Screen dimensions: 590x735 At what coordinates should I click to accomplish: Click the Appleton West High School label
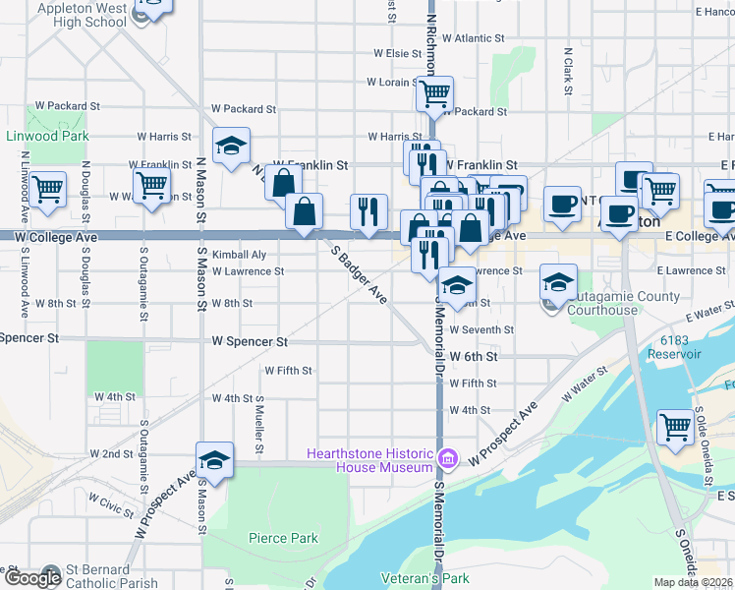click(x=83, y=14)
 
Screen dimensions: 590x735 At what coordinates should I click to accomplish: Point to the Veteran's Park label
click(x=424, y=579)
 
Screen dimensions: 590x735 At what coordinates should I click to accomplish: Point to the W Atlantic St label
click(x=473, y=38)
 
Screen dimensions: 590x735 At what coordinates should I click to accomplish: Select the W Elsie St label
click(x=397, y=53)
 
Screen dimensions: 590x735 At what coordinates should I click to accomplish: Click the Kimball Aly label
click(x=232, y=254)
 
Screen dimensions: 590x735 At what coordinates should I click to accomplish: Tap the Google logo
click(x=31, y=578)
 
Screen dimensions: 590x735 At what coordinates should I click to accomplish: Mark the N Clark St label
click(x=568, y=72)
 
